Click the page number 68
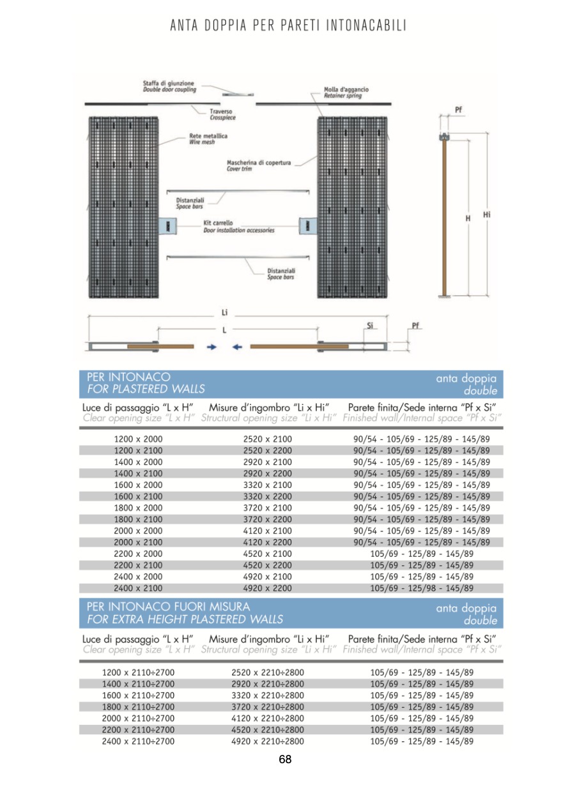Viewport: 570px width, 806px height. pyautogui.click(x=285, y=759)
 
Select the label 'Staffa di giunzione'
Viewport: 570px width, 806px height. pyautogui.click(x=169, y=83)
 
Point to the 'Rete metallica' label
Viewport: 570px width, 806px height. pyautogui.click(x=208, y=136)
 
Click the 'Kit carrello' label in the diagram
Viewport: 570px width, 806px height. pyautogui.click(x=218, y=223)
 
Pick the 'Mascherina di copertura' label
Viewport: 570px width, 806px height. pyautogui.click(x=259, y=163)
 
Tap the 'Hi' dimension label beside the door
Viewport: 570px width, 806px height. pyautogui.click(x=487, y=215)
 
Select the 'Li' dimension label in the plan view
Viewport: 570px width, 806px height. pyautogui.click(x=224, y=313)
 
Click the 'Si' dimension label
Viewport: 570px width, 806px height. pyautogui.click(x=370, y=326)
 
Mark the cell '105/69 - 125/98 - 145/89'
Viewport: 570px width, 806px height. pyautogui.click(x=422, y=588)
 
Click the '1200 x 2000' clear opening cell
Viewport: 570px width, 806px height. pyautogui.click(x=138, y=439)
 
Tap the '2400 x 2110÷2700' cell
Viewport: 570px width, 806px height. pyautogui.click(x=138, y=741)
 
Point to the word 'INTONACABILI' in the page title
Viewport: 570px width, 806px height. pyautogui.click(x=366, y=26)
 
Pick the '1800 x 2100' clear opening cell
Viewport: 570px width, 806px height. pyautogui.click(x=138, y=519)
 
